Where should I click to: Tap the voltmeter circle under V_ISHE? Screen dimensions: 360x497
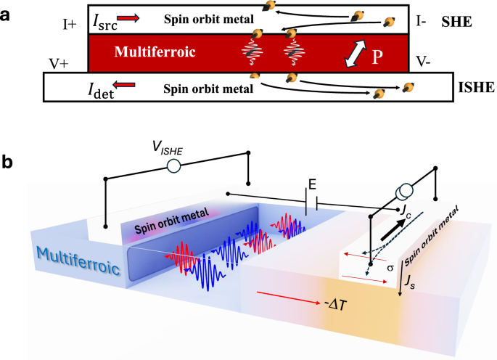173,166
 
